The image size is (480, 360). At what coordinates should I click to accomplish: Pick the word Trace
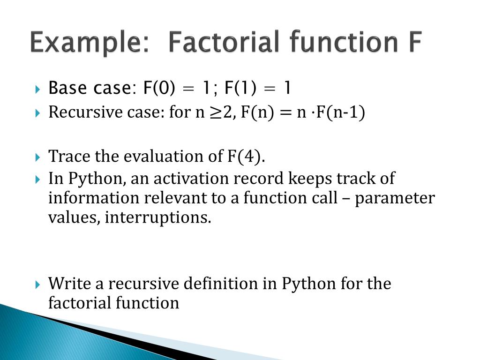coord(66,156)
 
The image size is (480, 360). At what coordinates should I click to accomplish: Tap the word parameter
coord(394,198)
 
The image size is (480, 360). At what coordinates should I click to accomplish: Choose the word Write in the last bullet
coord(67,284)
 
